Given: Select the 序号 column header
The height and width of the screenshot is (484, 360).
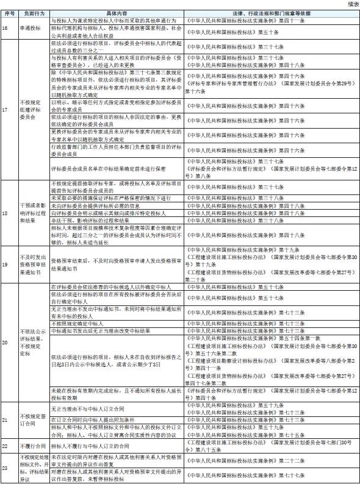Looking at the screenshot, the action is tap(7, 12).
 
